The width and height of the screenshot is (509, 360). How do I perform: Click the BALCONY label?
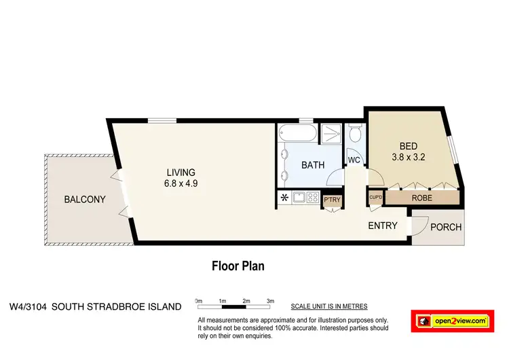tap(85, 199)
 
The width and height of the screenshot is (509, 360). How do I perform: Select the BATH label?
tap(313, 165)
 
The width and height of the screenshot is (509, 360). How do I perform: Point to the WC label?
tap(354, 160)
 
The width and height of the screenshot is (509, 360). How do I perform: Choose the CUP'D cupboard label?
tap(376, 198)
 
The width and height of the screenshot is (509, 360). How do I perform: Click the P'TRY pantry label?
tap(332, 199)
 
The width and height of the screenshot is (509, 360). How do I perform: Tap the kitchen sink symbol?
tap(298, 198)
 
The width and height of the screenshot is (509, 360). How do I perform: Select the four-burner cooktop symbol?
tap(313, 198)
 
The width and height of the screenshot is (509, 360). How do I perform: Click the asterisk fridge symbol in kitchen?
tap(284, 198)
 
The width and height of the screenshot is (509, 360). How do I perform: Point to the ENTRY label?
tap(382, 226)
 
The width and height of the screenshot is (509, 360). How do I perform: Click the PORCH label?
tap(446, 228)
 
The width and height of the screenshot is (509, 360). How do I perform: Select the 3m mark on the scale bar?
tap(269, 300)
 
